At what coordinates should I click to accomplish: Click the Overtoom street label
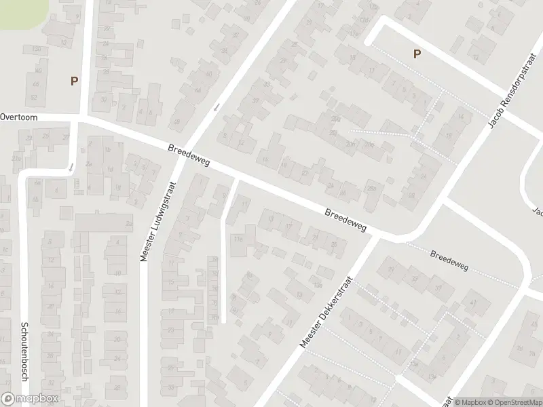(19, 117)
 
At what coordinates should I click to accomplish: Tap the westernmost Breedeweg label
(189, 155)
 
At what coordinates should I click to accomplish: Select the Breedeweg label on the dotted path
(449, 260)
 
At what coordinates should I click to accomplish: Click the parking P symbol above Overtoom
(74, 81)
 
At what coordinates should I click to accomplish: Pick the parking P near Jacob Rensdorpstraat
(417, 54)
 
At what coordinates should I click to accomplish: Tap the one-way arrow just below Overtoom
(71, 166)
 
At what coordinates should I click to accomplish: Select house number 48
(177, 121)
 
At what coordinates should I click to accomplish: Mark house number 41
(473, 303)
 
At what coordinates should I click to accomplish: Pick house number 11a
(238, 238)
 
